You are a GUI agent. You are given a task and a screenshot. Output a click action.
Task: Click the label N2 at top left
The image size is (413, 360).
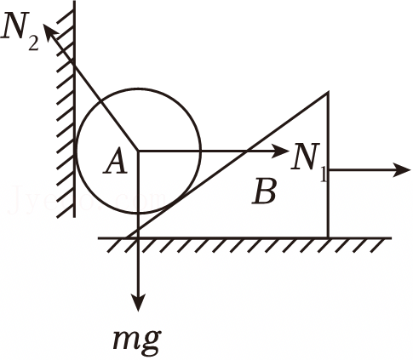(20, 32)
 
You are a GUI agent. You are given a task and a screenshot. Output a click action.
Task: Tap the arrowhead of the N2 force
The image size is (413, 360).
(49, 31)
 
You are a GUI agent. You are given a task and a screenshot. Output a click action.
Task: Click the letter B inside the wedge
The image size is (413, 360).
(264, 191)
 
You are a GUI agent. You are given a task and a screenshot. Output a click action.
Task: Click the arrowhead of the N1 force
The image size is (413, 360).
(281, 151)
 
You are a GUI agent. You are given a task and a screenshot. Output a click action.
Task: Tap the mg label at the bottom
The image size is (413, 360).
(137, 340)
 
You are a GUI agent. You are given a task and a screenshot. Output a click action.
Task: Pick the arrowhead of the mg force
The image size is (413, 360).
(138, 303)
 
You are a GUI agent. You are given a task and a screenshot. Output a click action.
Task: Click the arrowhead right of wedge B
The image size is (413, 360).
(402, 170)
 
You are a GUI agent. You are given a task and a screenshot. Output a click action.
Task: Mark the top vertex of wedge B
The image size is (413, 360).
(328, 92)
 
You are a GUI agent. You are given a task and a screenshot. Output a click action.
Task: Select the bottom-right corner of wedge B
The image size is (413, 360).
(329, 237)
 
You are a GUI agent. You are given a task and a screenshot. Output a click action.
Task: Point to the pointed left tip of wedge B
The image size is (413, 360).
(127, 237)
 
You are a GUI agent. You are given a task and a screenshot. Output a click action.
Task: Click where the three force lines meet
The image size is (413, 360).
(138, 151)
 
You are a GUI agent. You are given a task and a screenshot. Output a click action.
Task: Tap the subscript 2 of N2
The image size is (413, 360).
(33, 43)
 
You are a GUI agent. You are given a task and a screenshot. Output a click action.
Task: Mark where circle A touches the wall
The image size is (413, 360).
(76, 151)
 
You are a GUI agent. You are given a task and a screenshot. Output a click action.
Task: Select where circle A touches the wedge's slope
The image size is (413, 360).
(174, 201)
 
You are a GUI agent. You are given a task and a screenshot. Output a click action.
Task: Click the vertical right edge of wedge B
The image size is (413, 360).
(329, 165)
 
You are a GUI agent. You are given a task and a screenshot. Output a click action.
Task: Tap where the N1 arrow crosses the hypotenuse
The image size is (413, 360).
(246, 151)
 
